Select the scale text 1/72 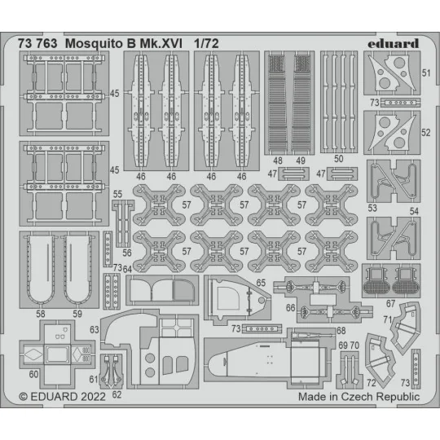pos(206,42)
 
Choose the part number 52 pos(426,131)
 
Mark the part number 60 pos(33,376)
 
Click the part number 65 pos(261,282)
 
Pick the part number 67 pos(392,303)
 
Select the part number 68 pos(318,330)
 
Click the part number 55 pos(118,194)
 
